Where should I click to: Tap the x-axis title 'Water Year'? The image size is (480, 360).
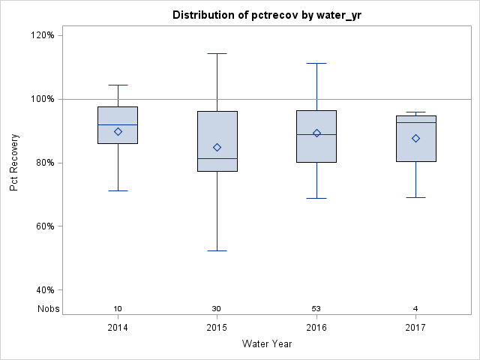coord(267,344)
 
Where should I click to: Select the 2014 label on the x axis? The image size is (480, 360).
coord(118,328)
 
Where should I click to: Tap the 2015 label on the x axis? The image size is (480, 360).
coord(217,328)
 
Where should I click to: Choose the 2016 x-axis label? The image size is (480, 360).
coord(316,328)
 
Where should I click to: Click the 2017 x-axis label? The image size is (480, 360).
coord(415,328)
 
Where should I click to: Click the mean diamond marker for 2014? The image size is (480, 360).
coord(118,131)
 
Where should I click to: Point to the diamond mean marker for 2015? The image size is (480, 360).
coord(217,147)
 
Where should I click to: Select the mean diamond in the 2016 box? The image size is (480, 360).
coord(316,133)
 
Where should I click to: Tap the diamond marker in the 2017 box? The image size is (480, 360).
coord(415,138)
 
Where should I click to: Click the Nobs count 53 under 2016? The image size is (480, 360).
coord(316,309)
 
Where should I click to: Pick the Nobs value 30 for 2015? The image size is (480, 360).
coord(217,309)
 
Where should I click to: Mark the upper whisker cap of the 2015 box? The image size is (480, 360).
coord(217,54)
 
